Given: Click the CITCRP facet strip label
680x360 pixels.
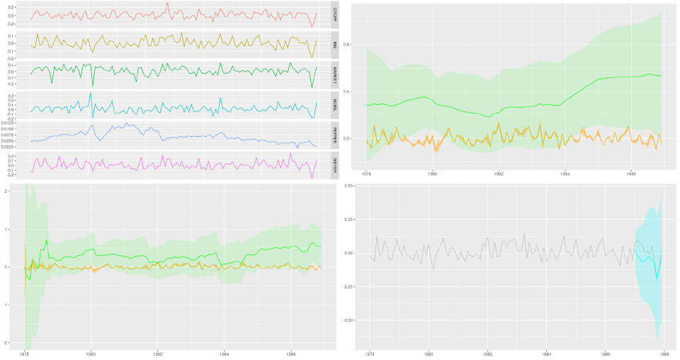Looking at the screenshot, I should (334, 15).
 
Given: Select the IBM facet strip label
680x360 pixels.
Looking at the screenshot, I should (334, 45).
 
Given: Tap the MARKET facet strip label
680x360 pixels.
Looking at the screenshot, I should (334, 74).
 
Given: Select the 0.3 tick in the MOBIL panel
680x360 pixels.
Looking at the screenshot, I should (21, 95).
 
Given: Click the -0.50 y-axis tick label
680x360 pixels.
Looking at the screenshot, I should (348, 320).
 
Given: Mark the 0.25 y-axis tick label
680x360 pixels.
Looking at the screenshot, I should (349, 220).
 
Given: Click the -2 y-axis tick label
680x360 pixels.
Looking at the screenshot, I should (6, 342).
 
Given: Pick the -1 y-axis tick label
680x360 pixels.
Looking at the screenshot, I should (6, 305).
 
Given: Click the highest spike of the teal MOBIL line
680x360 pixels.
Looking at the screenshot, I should (90, 93).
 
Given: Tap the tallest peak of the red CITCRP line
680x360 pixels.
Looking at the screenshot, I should (167, 3).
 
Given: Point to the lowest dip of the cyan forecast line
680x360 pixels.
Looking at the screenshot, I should (657, 279).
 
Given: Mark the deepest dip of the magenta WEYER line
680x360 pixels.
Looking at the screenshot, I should (312, 177).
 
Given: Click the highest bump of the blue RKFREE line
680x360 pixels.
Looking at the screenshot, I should (126, 123).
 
